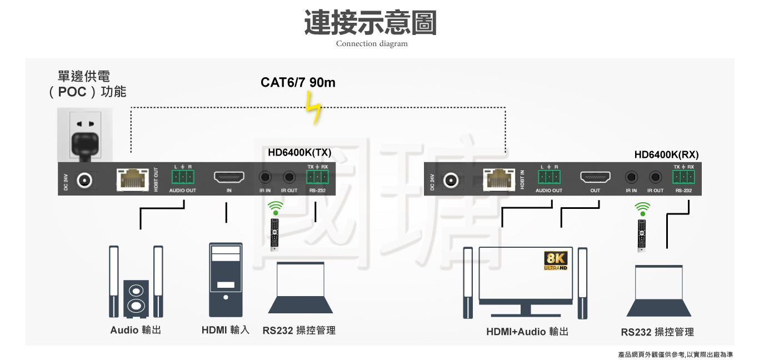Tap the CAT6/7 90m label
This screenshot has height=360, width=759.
298,83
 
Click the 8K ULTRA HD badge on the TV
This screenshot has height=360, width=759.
555,261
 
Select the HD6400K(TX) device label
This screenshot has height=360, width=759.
299,152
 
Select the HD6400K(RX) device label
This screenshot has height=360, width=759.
666,154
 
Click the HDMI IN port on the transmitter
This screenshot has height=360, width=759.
229,178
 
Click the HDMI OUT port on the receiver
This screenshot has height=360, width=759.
595,177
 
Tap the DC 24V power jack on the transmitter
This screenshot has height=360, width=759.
84,180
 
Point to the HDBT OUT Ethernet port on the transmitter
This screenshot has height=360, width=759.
132,179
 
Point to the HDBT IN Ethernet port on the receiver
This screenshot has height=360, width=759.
498,179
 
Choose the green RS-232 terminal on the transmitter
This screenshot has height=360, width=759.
318,177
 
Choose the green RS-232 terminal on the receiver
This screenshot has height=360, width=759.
683,177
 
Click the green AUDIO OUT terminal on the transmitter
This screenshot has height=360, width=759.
183,177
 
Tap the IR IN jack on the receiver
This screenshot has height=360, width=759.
631,178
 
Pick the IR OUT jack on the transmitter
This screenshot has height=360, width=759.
288,178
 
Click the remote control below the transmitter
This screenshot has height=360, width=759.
274,233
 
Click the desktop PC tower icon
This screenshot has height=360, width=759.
226,279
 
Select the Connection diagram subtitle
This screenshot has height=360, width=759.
372,44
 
